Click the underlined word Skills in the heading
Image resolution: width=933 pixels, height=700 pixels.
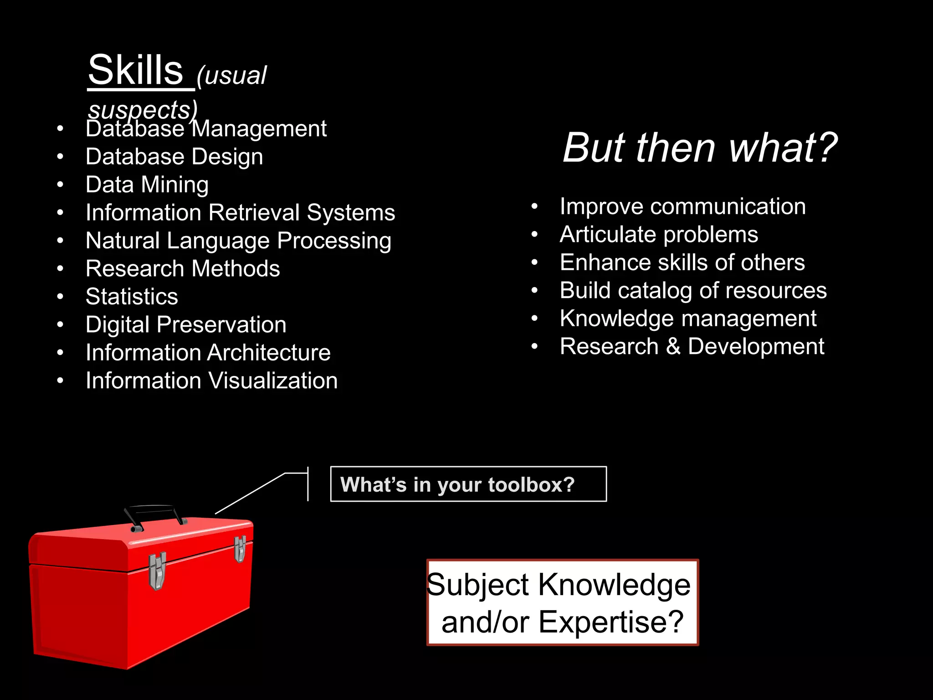(x=135, y=71)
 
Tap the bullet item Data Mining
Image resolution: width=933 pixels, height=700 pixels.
(x=147, y=185)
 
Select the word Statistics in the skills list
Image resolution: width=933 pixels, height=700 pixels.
(x=132, y=297)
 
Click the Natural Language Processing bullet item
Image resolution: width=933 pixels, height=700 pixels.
(x=238, y=241)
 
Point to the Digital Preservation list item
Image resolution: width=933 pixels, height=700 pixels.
(x=186, y=325)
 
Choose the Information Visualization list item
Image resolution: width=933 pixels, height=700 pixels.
(x=211, y=381)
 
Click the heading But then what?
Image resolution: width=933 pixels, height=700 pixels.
(x=700, y=148)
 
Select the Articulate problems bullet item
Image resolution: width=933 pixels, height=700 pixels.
(x=659, y=235)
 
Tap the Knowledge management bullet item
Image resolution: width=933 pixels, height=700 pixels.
(x=688, y=319)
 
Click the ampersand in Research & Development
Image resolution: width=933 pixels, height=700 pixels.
(x=673, y=346)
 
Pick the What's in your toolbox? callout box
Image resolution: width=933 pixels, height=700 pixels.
(x=468, y=484)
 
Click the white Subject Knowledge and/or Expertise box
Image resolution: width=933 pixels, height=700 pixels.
(x=562, y=602)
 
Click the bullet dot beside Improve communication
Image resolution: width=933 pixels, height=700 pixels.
(x=535, y=206)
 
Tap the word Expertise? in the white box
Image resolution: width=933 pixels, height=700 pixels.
(x=611, y=622)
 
